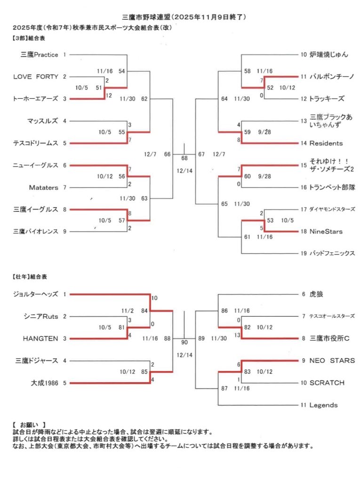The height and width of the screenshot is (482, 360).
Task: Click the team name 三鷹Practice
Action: (x=40, y=55)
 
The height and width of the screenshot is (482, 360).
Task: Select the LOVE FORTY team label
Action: (x=35, y=77)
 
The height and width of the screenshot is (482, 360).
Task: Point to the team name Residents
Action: (x=326, y=143)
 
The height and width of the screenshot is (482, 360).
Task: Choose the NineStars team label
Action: (x=326, y=232)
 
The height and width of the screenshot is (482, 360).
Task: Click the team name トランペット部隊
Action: (x=332, y=187)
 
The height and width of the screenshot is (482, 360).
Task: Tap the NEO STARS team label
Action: (x=332, y=361)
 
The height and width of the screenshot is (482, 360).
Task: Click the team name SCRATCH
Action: (x=327, y=383)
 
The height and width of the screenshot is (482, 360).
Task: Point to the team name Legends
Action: (x=323, y=405)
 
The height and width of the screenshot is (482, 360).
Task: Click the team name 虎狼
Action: (x=316, y=295)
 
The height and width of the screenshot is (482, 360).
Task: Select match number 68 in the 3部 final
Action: (x=184, y=158)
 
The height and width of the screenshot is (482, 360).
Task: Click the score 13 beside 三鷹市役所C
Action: (x=237, y=335)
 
